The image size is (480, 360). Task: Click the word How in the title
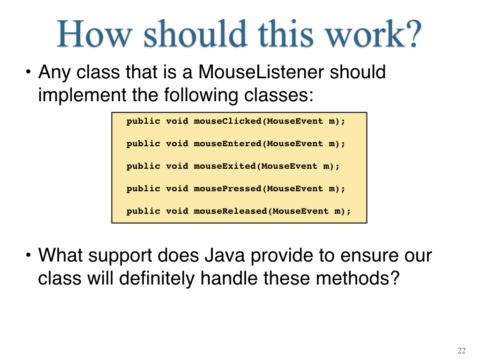95,34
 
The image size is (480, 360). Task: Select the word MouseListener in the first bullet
261,72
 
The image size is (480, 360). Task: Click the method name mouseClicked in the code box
227,121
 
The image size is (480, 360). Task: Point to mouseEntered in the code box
227,143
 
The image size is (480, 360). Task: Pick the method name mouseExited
225,166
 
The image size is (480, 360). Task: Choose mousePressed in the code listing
227,188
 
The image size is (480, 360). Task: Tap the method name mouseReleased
230,211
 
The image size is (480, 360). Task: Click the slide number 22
461,351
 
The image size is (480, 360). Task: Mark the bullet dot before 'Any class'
29,72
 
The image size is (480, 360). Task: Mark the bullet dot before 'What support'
29,255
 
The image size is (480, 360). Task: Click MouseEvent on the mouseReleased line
300,211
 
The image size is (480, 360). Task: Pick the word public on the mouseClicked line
143,121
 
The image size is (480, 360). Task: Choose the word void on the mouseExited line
177,166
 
